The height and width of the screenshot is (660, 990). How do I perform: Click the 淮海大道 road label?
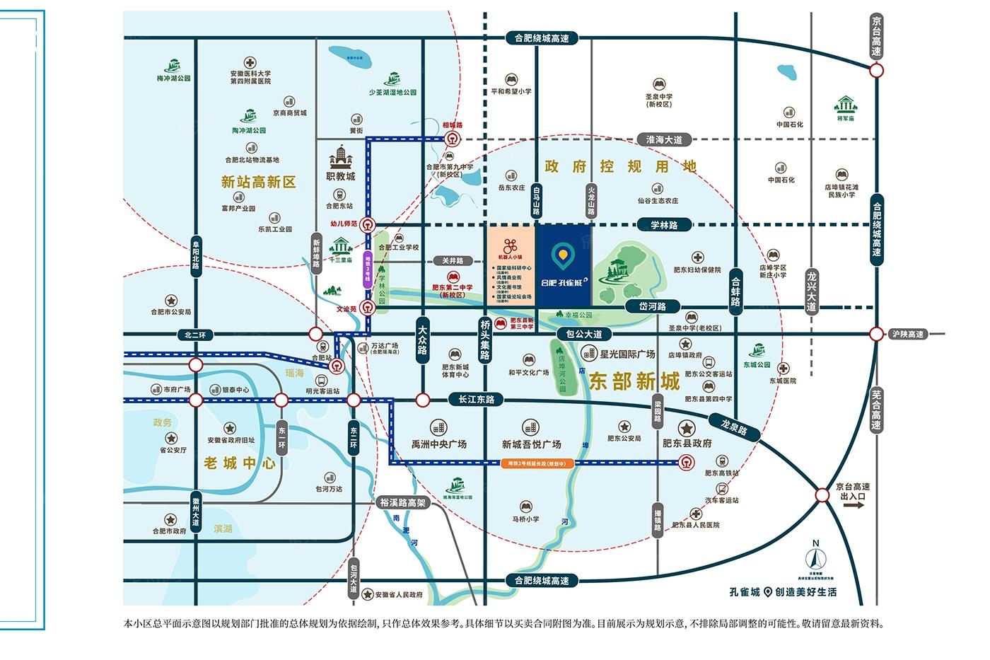click(659, 140)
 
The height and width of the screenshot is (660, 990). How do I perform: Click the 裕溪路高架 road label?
click(402, 502)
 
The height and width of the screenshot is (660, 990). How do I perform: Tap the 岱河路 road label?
click(653, 306)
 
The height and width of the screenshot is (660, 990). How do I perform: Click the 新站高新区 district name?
click(258, 182)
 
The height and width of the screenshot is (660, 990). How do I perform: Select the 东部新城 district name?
click(634, 382)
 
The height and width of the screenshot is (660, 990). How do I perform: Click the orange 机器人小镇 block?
click(511, 266)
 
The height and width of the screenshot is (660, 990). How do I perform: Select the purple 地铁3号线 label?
click(368, 268)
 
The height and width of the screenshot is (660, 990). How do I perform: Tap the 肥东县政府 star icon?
click(686, 428)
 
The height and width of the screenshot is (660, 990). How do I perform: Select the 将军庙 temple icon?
click(846, 106)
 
